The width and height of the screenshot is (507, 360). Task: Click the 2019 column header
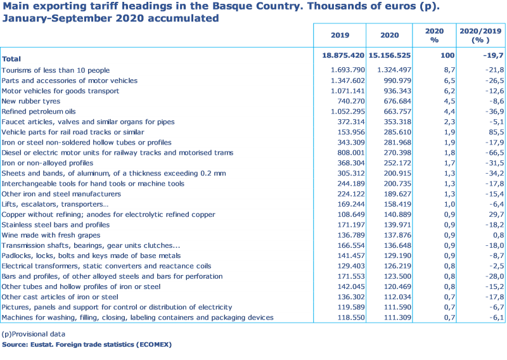pyautogui.click(x=339, y=35)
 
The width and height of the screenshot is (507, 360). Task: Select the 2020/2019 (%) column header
pyautogui.click(x=481, y=35)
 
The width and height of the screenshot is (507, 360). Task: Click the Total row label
pyautogui.click(x=11, y=58)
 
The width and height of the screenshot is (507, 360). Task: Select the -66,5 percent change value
pyautogui.click(x=492, y=153)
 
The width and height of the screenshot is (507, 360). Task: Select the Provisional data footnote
pyautogui.click(x=34, y=334)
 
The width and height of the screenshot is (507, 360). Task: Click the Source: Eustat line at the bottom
pyautogui.click(x=86, y=345)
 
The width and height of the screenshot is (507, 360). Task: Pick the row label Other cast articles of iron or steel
pyautogui.click(x=60, y=297)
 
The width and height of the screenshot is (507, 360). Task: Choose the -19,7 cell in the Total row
pyautogui.click(x=492, y=56)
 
